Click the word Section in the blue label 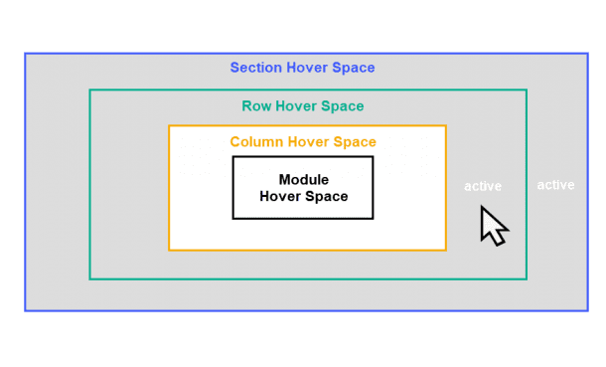click(255, 69)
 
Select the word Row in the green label click(256, 106)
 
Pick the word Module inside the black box click(303, 180)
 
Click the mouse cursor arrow click(493, 226)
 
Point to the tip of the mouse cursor click(483, 207)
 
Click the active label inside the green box click(483, 186)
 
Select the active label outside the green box click(555, 185)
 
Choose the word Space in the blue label click(354, 69)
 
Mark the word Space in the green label click(345, 106)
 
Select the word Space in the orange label click(356, 142)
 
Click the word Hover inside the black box click(280, 196)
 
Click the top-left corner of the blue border click(25, 53)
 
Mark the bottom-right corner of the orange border click(445, 249)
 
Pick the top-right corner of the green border click(526, 91)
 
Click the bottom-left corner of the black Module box click(233, 218)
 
